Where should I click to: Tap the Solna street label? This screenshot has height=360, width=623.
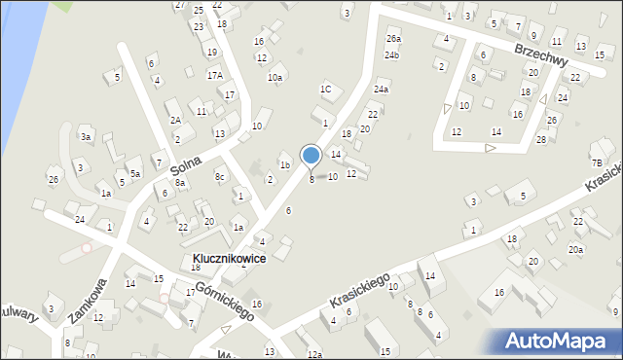pyautogui.click(x=193, y=166)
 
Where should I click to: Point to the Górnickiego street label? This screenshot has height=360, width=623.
pyautogui.click(x=224, y=302)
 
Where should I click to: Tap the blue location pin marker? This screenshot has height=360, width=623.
pyautogui.click(x=311, y=156)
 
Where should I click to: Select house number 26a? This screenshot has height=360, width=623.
pyautogui.click(x=393, y=39)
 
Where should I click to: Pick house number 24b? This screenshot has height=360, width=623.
pyautogui.click(x=391, y=55)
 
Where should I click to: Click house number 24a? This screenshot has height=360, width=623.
pyautogui.click(x=382, y=90)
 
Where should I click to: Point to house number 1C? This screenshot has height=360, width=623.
pyautogui.click(x=326, y=90)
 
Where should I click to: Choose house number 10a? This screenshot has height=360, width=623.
pyautogui.click(x=275, y=78)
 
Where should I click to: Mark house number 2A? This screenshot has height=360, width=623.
pyautogui.click(x=176, y=120)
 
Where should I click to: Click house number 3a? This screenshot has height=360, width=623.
pyautogui.click(x=86, y=137)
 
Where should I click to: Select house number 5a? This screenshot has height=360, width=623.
pyautogui.click(x=136, y=173)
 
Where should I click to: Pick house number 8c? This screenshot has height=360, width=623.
pyautogui.click(x=220, y=176)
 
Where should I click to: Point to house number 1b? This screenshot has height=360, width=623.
pyautogui.click(x=285, y=165)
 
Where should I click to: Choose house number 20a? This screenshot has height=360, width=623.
pyautogui.click(x=576, y=250)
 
